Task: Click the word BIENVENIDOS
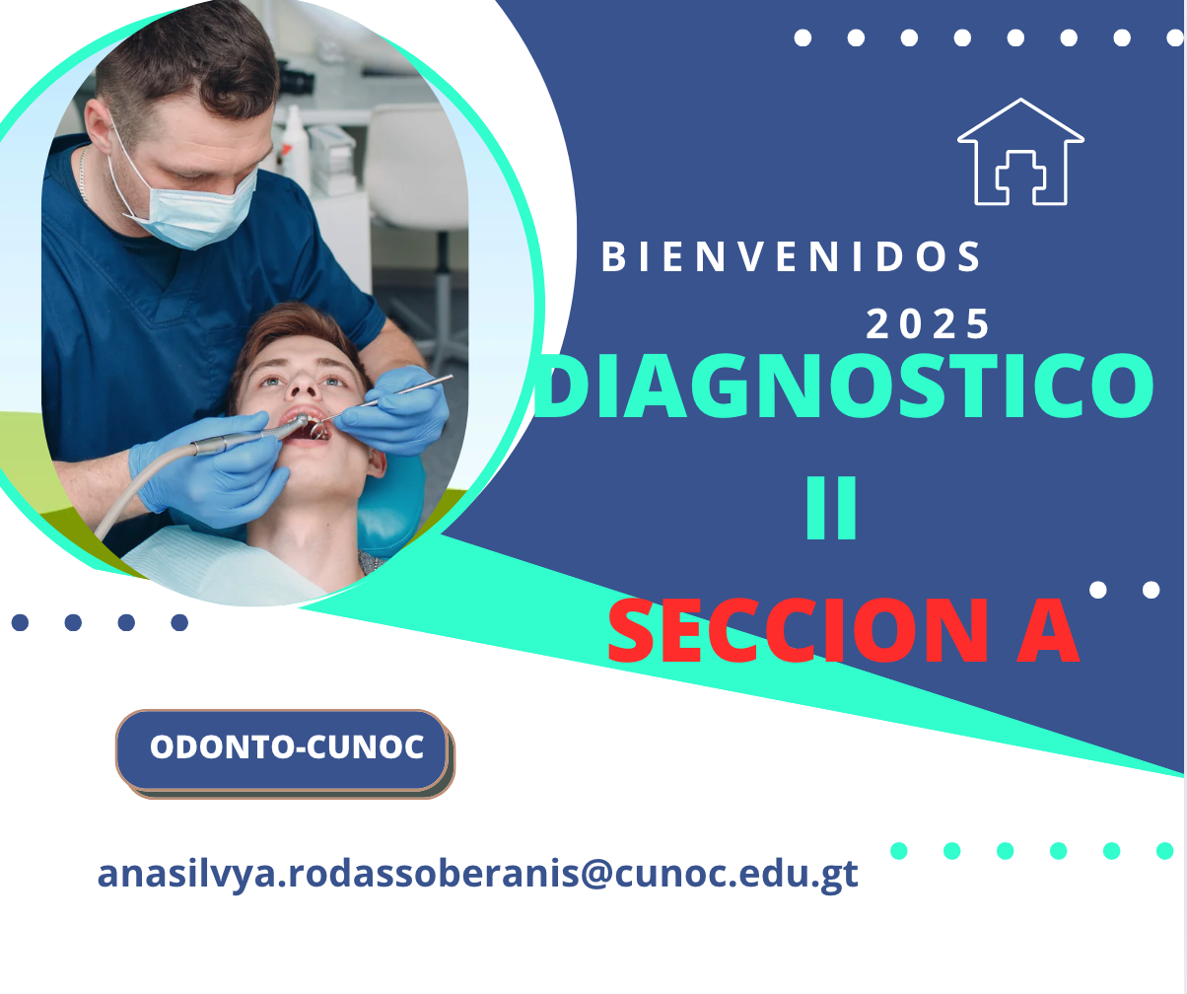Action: click(791, 256)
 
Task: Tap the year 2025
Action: click(928, 324)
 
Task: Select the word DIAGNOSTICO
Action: click(844, 387)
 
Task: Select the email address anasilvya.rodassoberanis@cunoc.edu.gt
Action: click(477, 874)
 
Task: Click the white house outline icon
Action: click(1020, 152)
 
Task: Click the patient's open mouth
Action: click(306, 425)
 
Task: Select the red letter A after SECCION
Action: click(1048, 631)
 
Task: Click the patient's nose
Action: click(303, 388)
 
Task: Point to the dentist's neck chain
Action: click(83, 174)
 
